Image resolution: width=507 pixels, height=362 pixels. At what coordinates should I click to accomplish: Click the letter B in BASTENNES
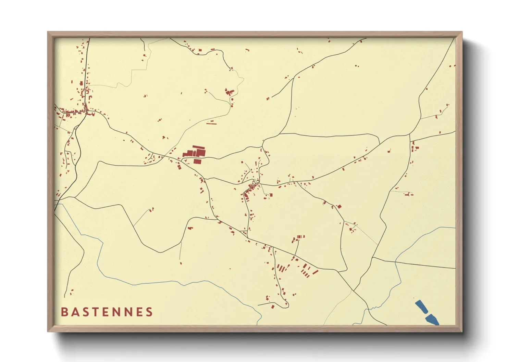64,312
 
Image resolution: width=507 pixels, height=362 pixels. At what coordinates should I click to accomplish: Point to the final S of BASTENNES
149,312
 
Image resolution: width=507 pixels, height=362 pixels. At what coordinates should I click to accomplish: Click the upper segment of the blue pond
421,307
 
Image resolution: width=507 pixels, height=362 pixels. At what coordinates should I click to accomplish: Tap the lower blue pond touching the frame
432,320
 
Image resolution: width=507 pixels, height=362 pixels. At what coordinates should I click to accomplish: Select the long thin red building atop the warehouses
199,147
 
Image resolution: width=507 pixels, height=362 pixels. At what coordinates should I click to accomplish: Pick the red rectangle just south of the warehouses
197,161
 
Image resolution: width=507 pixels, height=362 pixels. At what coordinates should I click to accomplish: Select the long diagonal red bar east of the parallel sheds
316,272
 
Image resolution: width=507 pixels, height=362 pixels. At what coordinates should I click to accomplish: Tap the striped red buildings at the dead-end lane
299,237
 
